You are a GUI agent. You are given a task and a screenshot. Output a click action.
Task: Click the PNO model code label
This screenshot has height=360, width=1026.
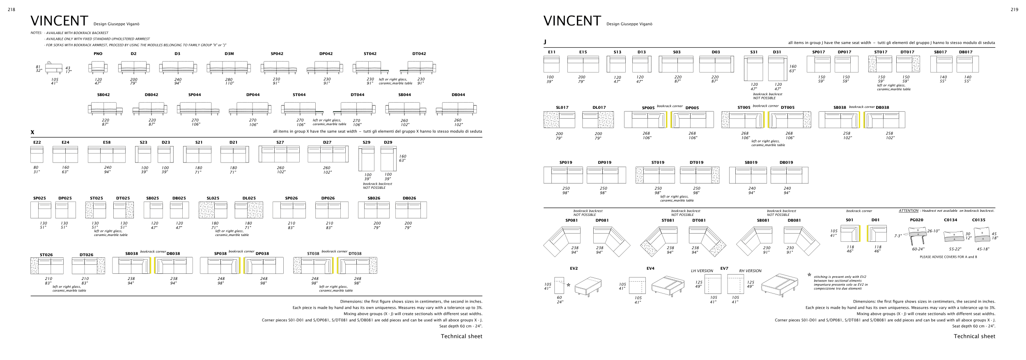[98, 54]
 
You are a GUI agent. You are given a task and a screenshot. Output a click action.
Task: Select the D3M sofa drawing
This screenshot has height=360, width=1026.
[229, 67]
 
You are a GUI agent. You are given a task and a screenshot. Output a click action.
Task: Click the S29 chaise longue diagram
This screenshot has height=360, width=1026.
[366, 159]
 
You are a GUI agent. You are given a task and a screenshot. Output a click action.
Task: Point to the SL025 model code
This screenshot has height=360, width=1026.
[213, 198]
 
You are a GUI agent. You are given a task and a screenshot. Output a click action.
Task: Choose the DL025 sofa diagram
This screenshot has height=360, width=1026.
[249, 210]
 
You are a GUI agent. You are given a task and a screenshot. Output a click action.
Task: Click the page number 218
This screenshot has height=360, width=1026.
[11, 10]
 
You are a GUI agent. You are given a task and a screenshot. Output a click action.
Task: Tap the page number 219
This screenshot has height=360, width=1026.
[1015, 10]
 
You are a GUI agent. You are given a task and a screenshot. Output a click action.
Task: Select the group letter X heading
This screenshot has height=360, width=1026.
[32, 133]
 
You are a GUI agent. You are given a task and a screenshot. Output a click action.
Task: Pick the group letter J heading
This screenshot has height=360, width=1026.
[545, 42]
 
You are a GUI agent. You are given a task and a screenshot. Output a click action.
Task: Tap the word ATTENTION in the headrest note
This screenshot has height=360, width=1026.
[909, 211]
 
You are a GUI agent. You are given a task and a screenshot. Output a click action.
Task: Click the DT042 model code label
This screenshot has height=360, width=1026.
[419, 54]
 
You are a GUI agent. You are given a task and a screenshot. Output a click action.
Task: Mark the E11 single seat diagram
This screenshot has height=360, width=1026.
[551, 64]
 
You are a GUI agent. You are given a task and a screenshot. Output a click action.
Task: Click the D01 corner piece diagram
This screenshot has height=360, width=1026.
[877, 234]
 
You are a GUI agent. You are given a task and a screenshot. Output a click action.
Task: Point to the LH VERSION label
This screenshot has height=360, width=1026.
[702, 271]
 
